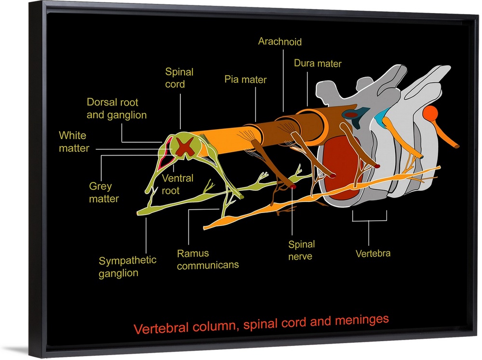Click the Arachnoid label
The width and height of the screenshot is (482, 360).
(280, 42)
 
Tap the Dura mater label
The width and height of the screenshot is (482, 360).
(318, 64)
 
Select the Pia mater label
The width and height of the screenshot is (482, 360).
(245, 80)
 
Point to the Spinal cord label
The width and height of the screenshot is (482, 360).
(179, 78)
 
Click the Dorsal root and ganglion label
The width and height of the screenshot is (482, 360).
(117, 108)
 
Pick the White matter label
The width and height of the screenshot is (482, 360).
(74, 142)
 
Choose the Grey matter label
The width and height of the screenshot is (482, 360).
(104, 192)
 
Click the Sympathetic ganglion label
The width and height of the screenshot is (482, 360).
(127, 267)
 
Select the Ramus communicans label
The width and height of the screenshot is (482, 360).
(208, 259)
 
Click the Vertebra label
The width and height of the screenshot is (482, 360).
(373, 253)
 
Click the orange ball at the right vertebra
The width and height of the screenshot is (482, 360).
(430, 114)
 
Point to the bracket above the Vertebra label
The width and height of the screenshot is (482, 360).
(369, 219)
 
